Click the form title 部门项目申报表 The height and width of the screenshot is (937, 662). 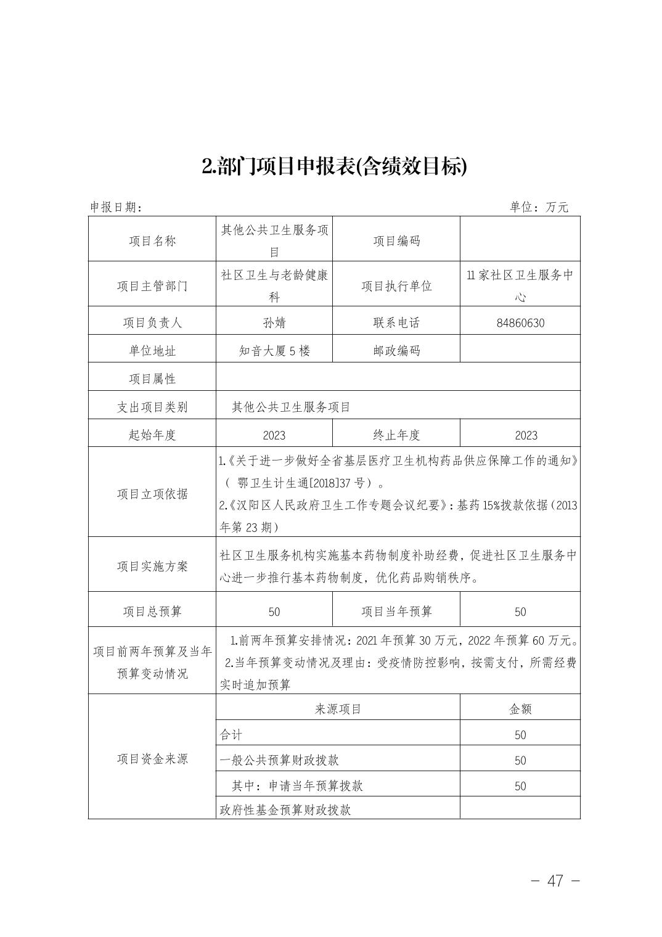(334, 166)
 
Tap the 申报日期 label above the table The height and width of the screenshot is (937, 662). (116, 208)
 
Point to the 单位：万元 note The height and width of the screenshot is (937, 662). (539, 208)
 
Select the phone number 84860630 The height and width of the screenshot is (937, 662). (520, 323)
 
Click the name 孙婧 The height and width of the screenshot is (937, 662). (274, 323)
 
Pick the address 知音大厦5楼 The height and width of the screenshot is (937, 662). (274, 351)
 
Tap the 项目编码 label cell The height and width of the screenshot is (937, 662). (396, 241)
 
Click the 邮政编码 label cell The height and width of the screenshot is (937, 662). (396, 351)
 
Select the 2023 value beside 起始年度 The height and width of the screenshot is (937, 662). (274, 435)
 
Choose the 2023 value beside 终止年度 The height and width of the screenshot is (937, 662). (526, 435)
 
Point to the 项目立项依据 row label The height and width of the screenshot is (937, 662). (152, 494)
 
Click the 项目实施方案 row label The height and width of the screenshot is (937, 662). (152, 567)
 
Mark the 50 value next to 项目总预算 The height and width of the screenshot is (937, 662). (274, 612)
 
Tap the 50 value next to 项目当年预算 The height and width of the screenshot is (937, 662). (520, 612)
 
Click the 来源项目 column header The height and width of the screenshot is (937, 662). (338, 709)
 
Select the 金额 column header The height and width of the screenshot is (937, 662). (520, 709)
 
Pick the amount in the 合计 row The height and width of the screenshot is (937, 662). (520, 735)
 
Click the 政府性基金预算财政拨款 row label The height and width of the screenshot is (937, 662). (285, 810)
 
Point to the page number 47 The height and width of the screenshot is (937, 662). (555, 881)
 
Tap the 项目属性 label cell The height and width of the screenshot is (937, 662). (152, 379)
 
